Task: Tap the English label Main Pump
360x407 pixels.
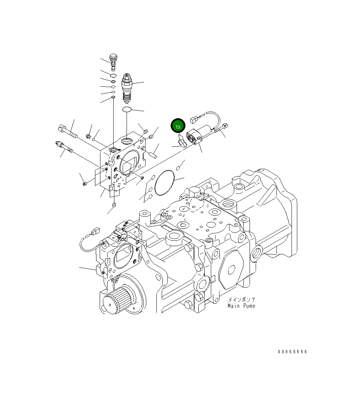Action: pos(242,306)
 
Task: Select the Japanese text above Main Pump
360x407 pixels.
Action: pos(242,300)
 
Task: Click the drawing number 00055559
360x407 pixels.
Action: pos(292,352)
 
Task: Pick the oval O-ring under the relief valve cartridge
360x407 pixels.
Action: pos(127,109)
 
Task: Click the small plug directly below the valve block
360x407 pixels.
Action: pos(114,205)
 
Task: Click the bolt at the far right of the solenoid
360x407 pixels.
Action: pos(224,127)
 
